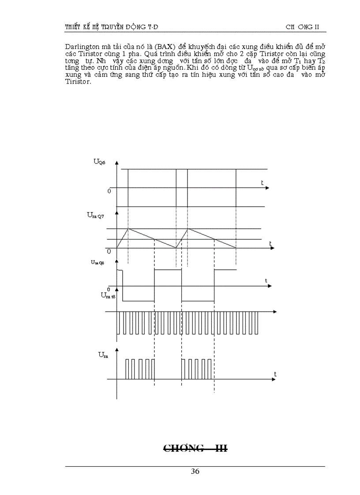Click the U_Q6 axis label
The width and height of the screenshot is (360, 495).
pyautogui.click(x=99, y=161)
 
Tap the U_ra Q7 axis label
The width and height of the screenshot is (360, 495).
pyautogui.click(x=97, y=216)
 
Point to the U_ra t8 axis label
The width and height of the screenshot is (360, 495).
pyautogui.click(x=108, y=295)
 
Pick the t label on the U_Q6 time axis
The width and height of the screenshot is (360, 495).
pyautogui.click(x=262, y=182)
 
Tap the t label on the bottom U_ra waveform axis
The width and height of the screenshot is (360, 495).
pyautogui.click(x=275, y=374)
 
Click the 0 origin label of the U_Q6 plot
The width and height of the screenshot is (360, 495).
pyautogui.click(x=109, y=191)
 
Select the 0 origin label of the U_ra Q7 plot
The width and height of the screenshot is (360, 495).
pyautogui.click(x=109, y=250)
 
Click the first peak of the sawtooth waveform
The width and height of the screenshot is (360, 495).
pyautogui.click(x=128, y=228)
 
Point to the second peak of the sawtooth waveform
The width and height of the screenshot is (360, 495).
pyautogui.click(x=188, y=228)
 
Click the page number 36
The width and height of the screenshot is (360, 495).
pyautogui.click(x=195, y=471)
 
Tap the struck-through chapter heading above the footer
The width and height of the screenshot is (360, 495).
pyautogui.click(x=195, y=449)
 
